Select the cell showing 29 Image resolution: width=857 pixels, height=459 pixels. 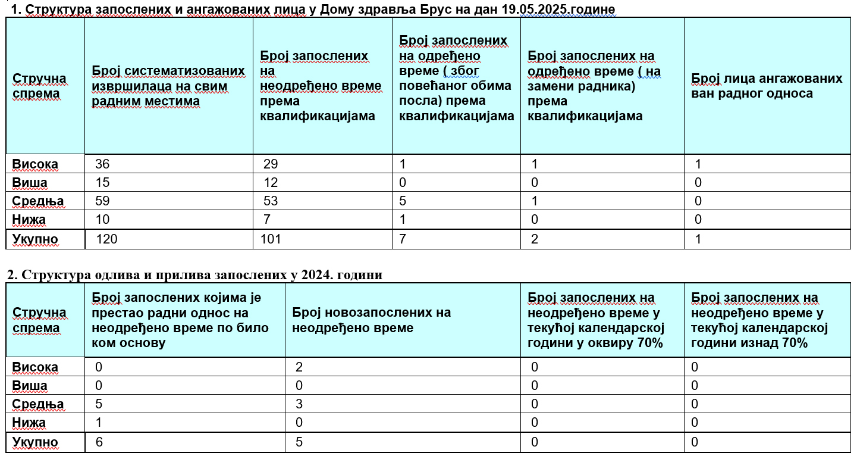click(271, 164)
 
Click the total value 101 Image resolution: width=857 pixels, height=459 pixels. click(271, 239)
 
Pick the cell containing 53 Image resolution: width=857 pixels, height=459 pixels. click(271, 201)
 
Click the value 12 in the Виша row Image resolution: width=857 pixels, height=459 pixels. click(271, 183)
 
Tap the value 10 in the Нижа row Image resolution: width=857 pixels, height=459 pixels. click(103, 220)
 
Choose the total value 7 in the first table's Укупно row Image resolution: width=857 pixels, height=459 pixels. click(403, 239)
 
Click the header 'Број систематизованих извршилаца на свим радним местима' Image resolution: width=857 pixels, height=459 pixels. click(168, 86)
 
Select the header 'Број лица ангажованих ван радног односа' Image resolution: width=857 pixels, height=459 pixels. click(767, 86)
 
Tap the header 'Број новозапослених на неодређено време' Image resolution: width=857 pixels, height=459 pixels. click(372, 320)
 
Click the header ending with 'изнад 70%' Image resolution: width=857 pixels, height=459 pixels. click(759, 320)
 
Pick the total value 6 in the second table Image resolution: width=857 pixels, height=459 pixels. click(99, 442)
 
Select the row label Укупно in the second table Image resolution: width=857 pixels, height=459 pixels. click(35, 442)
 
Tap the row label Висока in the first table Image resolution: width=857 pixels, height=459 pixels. click(36, 164)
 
